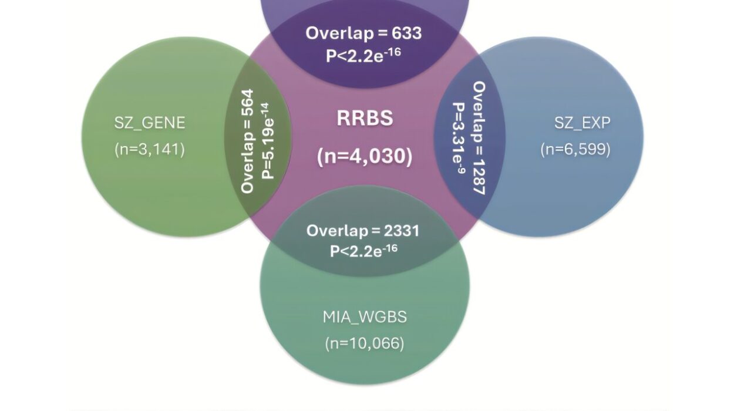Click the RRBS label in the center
point(364,119)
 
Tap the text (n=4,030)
point(364,157)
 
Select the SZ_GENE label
point(150,123)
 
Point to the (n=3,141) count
point(150,149)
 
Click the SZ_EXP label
point(582,123)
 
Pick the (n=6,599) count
point(575,149)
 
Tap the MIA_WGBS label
point(365,317)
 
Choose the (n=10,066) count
point(365,343)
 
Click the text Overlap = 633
point(363,33)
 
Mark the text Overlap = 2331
point(363,230)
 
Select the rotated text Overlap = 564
point(248,141)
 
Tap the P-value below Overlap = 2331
point(363,251)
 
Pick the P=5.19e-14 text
point(268,141)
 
